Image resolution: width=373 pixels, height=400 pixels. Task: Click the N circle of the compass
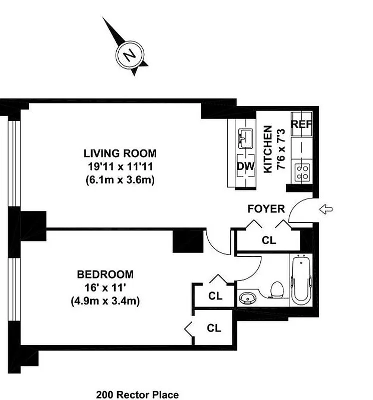pos(129,54)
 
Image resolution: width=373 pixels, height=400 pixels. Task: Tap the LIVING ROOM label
pos(120,153)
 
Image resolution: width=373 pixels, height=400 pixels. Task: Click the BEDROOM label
pos(105,274)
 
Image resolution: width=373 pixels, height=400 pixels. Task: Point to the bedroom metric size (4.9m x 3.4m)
pos(105,301)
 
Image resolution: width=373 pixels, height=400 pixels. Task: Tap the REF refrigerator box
pos(302,125)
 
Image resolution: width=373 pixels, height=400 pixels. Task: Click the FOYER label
pos(266,209)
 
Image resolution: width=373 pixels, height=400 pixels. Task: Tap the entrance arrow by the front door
pos(325,210)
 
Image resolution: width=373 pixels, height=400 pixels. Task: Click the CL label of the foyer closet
pos(269,240)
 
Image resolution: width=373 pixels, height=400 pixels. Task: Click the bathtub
pos(301,280)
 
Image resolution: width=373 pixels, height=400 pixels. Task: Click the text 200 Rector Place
pos(137,395)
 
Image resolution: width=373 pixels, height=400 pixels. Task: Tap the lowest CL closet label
pos(214,328)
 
